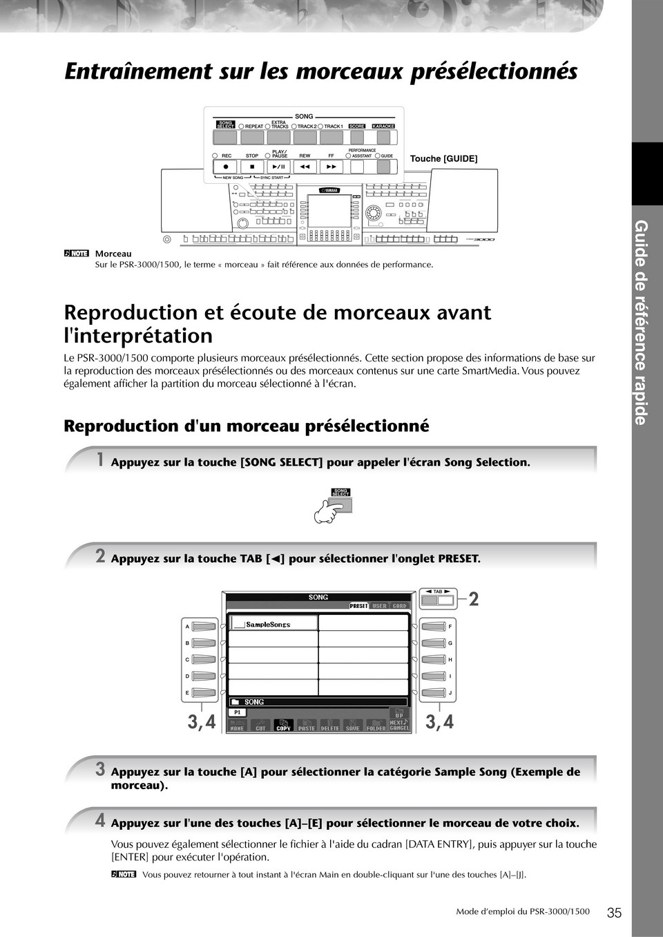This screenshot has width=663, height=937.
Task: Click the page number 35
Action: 614,912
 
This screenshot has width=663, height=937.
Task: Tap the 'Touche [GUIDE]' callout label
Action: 443,159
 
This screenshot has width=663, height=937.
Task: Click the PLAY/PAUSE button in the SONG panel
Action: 278,167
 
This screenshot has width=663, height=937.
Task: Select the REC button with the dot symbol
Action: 225,167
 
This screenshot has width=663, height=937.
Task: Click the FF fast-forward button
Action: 331,167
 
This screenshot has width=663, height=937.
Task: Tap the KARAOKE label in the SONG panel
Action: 383,126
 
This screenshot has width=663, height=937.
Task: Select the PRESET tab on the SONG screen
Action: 359,606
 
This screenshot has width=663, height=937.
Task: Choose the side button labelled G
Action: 433,643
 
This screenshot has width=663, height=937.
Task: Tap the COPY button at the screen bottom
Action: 283,726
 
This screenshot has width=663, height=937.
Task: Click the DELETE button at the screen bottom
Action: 330,726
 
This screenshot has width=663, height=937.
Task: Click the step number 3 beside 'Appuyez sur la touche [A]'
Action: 100,769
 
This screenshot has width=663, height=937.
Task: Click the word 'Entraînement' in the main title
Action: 138,71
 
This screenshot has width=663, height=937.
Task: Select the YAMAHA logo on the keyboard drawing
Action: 329,191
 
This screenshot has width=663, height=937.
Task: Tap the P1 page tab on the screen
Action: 237,712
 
